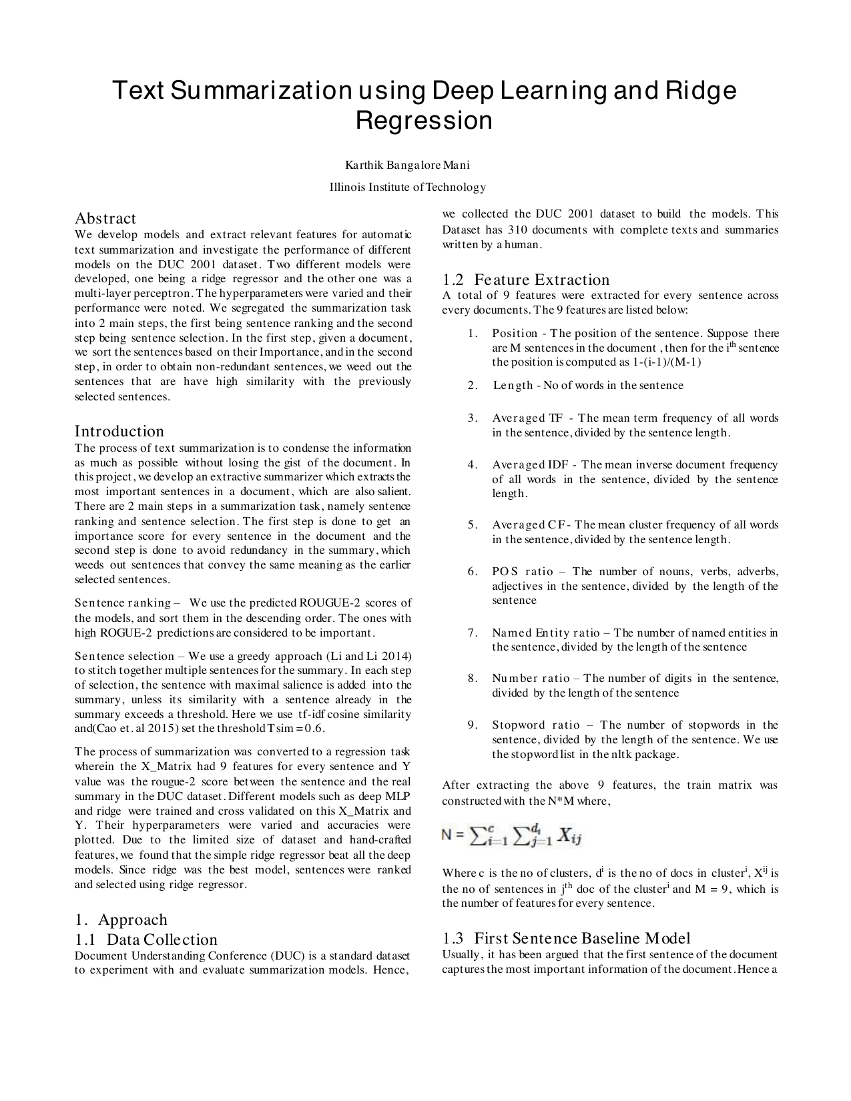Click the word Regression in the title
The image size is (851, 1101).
point(424,121)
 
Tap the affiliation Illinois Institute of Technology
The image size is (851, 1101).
point(407,187)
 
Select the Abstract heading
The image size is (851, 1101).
point(105,218)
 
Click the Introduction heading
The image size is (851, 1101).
point(119,431)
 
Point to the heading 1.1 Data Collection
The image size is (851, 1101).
point(146,940)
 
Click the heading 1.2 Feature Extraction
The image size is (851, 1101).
point(525,280)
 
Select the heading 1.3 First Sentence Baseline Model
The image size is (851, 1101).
point(566,938)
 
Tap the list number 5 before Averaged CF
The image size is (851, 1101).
point(472,525)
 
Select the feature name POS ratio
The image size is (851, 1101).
point(523,572)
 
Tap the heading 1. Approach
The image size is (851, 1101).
point(121,920)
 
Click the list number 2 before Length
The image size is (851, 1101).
point(472,386)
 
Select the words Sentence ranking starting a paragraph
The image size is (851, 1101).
point(123,603)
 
